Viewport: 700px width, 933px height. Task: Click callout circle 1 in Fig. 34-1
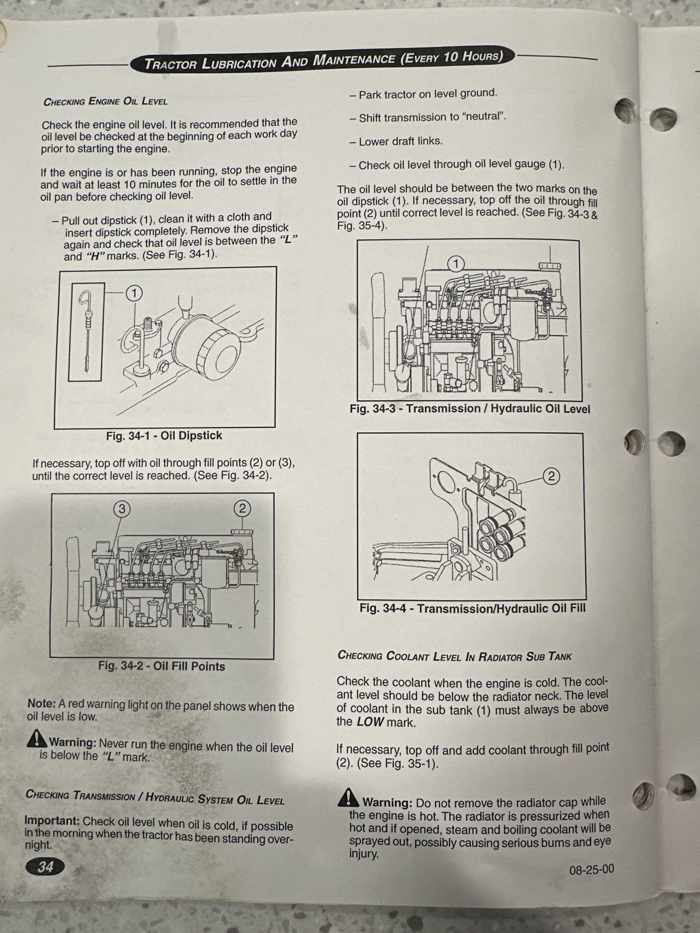(x=134, y=293)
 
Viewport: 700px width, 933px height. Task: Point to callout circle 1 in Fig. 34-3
(x=456, y=264)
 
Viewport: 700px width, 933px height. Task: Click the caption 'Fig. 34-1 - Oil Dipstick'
(x=164, y=436)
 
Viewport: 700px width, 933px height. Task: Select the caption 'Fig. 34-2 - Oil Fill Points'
(x=162, y=666)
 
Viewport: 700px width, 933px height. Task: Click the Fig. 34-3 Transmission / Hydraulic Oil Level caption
(x=470, y=409)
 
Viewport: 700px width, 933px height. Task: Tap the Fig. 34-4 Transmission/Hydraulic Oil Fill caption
(x=472, y=608)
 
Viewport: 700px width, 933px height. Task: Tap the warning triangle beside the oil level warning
(x=37, y=738)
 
